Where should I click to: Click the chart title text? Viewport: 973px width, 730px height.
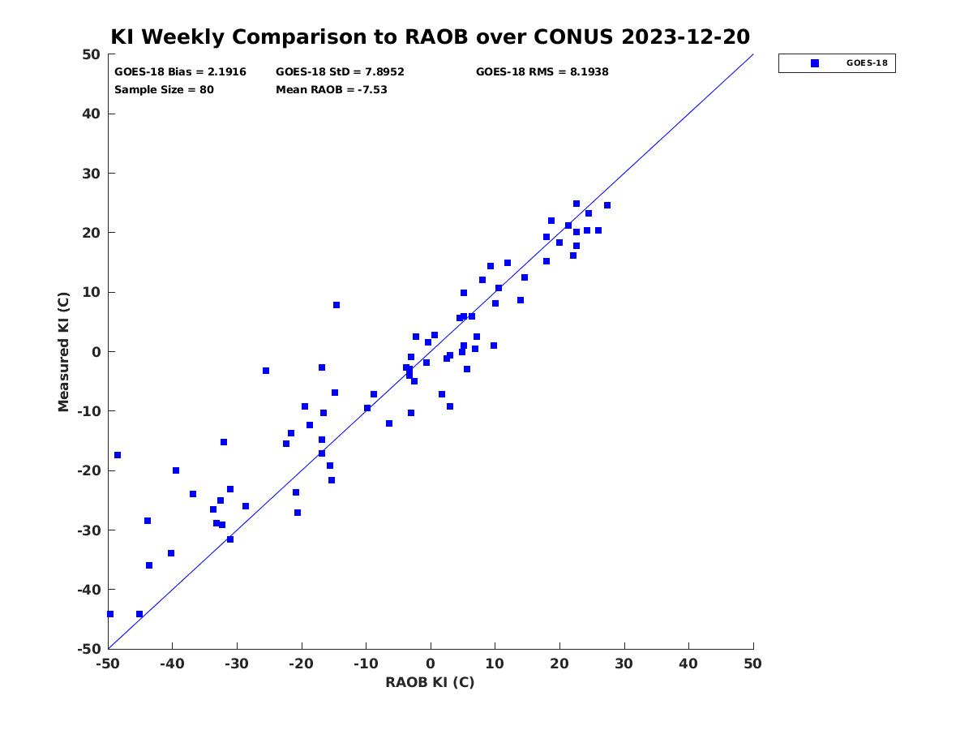[x=430, y=36]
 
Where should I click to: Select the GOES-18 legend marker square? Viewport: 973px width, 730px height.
[x=815, y=63]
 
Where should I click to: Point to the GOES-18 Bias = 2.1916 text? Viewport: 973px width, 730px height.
[x=180, y=72]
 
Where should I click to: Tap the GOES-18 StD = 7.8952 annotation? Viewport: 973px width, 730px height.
[x=340, y=72]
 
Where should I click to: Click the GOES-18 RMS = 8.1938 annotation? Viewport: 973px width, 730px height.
[x=542, y=72]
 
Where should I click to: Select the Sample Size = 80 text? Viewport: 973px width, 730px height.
[x=164, y=90]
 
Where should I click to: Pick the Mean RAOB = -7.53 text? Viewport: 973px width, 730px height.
[x=332, y=89]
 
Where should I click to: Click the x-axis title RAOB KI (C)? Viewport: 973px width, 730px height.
[x=430, y=682]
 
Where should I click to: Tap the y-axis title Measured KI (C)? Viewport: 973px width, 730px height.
[x=63, y=351]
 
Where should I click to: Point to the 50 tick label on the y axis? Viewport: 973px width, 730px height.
[x=92, y=54]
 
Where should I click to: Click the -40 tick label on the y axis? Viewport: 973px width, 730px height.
[x=89, y=590]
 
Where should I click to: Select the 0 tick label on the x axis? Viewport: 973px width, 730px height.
[x=431, y=663]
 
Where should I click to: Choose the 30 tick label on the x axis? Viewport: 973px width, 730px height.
[x=624, y=663]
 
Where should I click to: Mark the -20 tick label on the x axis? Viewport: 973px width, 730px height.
[x=302, y=663]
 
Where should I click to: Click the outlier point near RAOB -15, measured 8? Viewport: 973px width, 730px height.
[x=336, y=305]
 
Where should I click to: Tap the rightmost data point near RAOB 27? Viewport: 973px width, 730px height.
[x=607, y=205]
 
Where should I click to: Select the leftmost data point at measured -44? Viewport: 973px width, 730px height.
[x=110, y=614]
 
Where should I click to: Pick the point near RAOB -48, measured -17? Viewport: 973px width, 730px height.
[x=118, y=455]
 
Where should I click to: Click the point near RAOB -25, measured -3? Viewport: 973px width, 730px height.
[x=266, y=371]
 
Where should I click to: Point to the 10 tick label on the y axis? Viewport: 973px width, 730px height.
[x=92, y=292]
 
